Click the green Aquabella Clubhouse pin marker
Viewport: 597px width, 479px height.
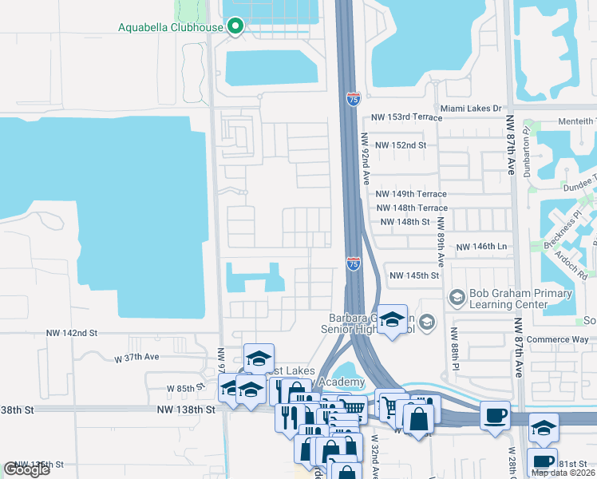(x=235, y=27)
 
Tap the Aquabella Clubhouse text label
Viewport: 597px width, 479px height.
(x=171, y=27)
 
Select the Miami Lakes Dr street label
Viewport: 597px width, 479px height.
(x=471, y=108)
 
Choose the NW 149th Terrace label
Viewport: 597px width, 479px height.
(x=411, y=194)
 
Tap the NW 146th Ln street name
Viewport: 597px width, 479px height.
(x=482, y=248)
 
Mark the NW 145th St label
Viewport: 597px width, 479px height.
(x=414, y=275)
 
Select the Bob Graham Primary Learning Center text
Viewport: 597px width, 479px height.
(x=521, y=299)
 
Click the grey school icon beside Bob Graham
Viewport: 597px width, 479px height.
(x=457, y=298)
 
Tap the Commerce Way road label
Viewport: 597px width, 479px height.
(x=558, y=339)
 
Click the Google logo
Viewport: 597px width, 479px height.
(x=26, y=469)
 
